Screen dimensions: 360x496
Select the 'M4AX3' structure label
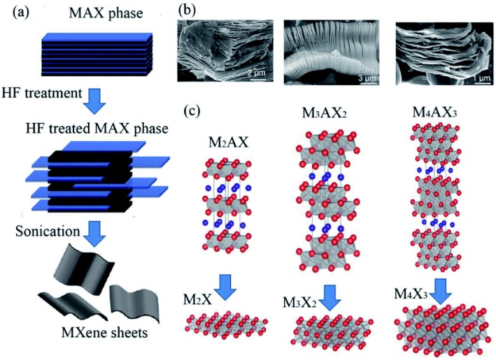(434, 115)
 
